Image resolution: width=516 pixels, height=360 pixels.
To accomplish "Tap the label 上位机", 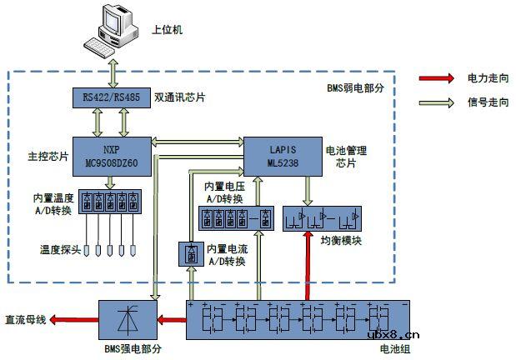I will click(167, 30).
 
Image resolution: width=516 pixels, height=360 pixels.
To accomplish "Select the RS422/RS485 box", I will click(111, 97).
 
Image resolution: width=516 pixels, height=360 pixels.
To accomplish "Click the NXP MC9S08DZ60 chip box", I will click(111, 156).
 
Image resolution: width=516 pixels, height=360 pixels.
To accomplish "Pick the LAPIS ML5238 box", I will click(281, 156).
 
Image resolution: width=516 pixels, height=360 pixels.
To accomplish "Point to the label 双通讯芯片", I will click(180, 98).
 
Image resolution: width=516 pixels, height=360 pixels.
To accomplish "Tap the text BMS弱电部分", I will click(354, 87).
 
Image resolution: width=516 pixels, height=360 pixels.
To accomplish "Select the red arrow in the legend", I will click(437, 78).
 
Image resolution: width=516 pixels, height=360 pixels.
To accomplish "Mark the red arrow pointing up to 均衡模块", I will click(308, 266).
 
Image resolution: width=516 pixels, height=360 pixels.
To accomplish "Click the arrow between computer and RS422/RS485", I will click(112, 72).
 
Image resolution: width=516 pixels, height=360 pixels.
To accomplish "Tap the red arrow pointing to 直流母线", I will click(75, 320).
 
